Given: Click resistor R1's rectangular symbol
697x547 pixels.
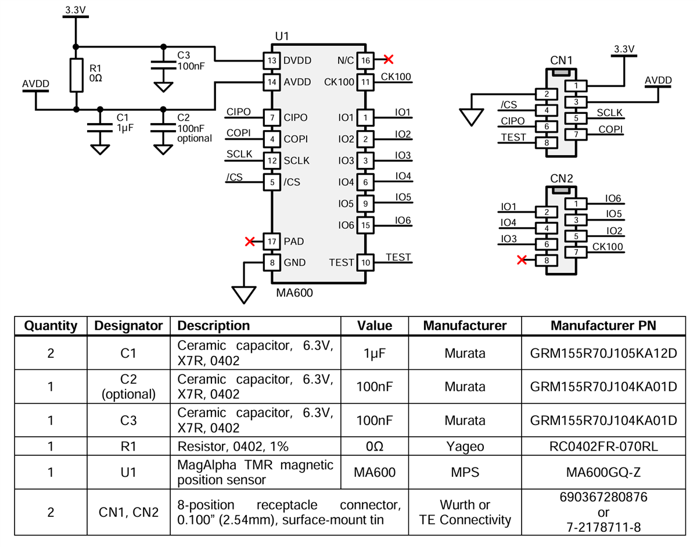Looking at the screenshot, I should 76,75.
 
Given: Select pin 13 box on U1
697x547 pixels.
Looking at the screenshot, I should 271,60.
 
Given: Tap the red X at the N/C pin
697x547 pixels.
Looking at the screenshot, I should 389,59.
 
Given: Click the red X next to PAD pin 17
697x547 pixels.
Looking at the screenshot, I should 250,241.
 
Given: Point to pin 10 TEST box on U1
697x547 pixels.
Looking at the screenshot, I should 365,262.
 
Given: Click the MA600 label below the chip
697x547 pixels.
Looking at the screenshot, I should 294,293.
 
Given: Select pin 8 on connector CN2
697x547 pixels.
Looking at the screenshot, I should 546,261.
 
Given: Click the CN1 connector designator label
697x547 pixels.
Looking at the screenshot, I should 561,60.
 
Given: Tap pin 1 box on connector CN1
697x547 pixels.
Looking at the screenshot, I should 576,87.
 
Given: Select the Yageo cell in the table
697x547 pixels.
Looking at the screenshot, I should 465,447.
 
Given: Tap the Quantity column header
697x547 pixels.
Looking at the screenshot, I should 51,325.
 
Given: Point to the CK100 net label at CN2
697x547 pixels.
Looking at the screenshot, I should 608,247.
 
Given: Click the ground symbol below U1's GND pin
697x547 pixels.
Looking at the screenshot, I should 244,294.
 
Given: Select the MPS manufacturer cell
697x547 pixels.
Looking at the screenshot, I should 465,473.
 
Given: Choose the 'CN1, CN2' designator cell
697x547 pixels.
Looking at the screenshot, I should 128,512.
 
